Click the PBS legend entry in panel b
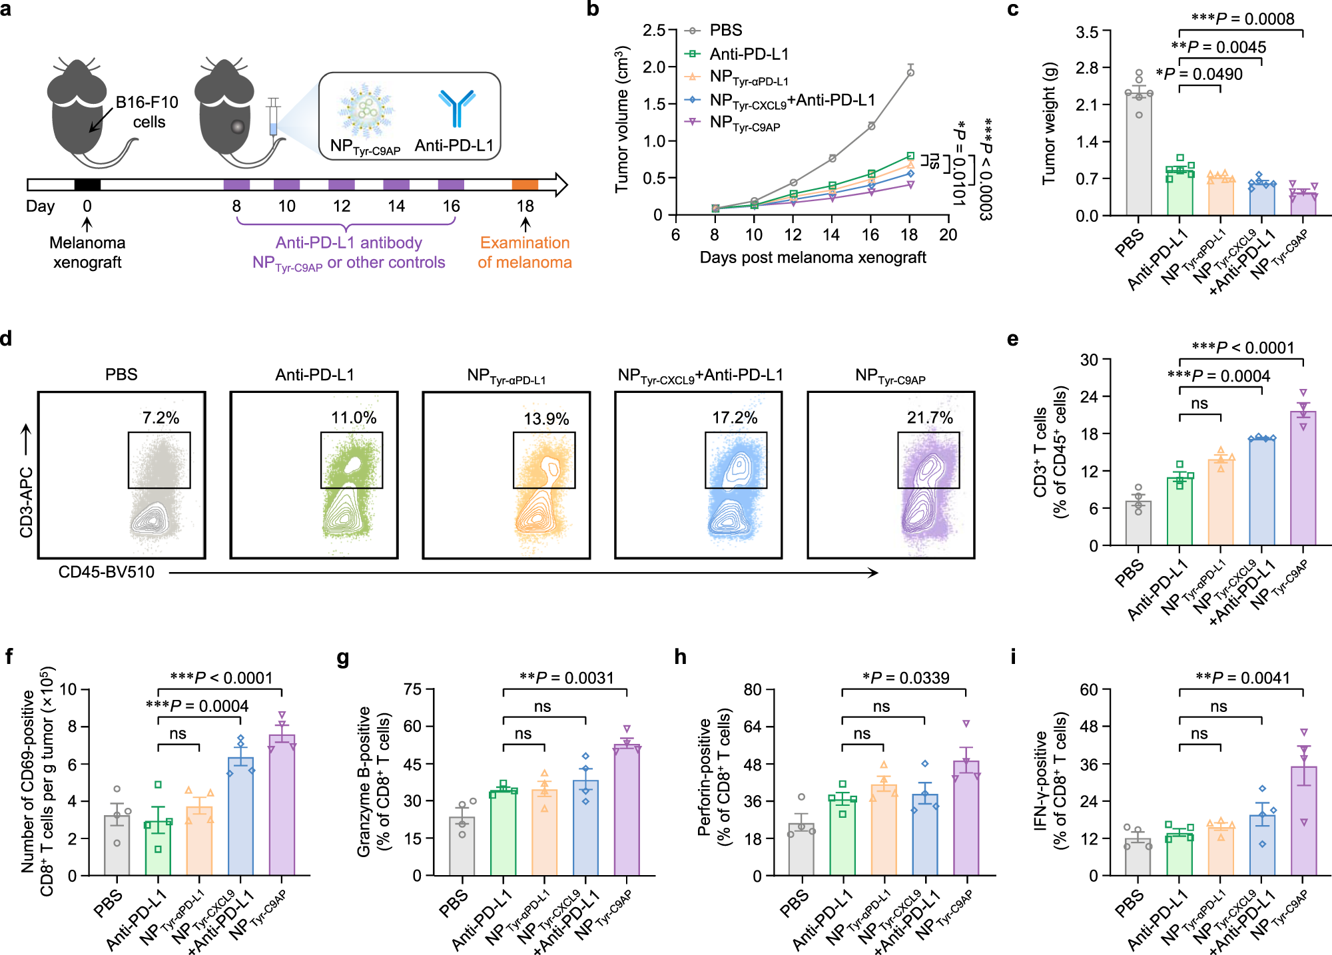(x=725, y=31)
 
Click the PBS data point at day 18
(x=910, y=73)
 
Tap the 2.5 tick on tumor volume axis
(x=653, y=31)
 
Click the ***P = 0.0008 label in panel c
(x=1243, y=19)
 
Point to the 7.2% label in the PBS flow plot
(x=161, y=418)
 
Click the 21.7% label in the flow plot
(x=930, y=418)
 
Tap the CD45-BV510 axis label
(x=107, y=572)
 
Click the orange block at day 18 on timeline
(x=525, y=184)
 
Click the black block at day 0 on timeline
(x=87, y=184)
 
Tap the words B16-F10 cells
(x=147, y=112)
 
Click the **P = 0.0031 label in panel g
(x=567, y=678)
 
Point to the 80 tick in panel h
(x=753, y=689)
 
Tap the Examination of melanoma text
(x=525, y=252)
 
